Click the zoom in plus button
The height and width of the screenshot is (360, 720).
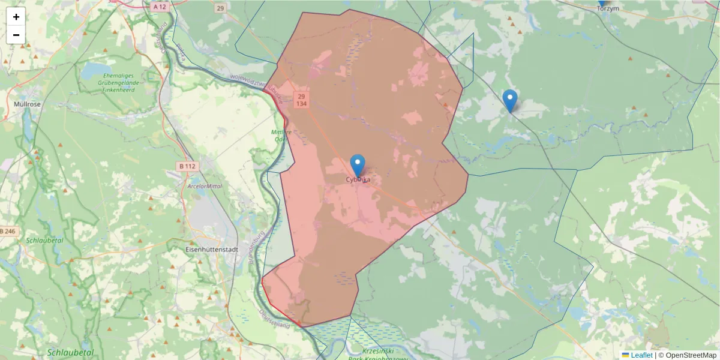(16, 17)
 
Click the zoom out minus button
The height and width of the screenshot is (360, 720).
(16, 35)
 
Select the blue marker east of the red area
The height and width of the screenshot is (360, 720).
(510, 101)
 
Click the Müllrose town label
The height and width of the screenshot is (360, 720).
(27, 104)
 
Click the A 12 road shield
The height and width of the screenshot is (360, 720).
(159, 7)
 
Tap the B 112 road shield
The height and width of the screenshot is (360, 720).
(188, 166)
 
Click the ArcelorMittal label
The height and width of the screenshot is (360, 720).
(205, 186)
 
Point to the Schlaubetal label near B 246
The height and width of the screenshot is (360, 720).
(44, 240)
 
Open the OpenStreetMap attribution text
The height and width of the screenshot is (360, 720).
(687, 355)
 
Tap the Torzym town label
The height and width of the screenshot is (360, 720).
(608, 8)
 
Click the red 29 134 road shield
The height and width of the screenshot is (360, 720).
(301, 100)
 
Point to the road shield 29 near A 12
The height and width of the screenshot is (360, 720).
(221, 8)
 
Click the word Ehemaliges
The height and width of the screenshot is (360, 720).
(122, 76)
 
